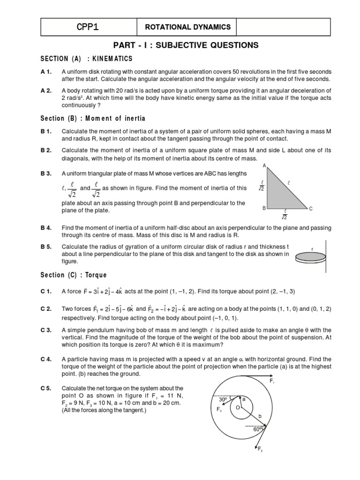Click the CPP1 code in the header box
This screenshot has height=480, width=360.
[88, 27]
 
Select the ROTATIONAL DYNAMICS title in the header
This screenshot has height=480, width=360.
[186, 27]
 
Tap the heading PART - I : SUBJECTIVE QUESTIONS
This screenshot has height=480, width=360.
[186, 45]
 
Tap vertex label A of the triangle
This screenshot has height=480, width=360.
[264, 166]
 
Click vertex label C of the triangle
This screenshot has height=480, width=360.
[310, 208]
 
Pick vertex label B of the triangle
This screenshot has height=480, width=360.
[264, 208]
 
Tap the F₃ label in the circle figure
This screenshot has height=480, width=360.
[219, 409]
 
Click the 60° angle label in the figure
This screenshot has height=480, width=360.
[257, 429]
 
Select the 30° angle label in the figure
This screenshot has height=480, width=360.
[223, 400]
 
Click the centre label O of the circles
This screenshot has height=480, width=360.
[238, 408]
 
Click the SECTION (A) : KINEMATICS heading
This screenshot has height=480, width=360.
[86, 59]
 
